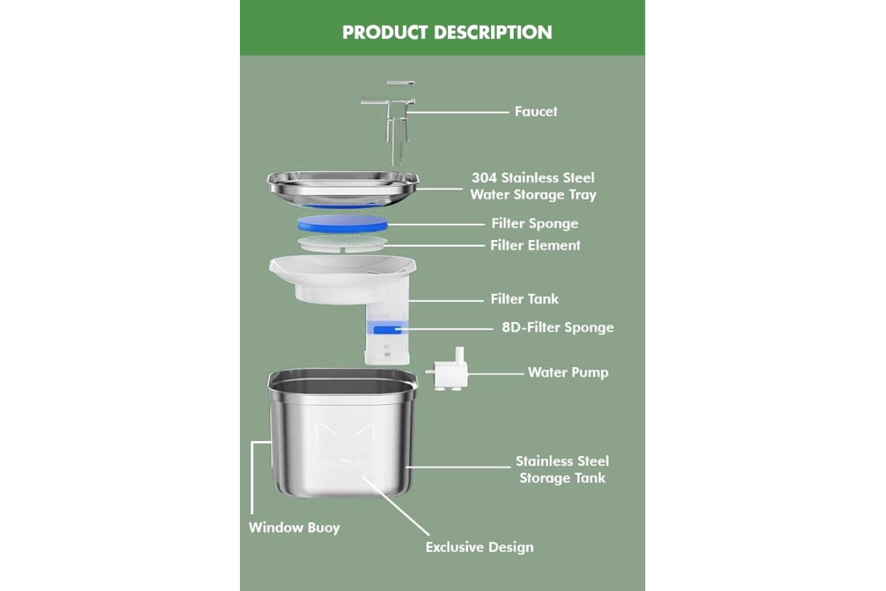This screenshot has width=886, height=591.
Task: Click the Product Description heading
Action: point(447,33)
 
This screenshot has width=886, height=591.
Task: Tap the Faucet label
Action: point(536,112)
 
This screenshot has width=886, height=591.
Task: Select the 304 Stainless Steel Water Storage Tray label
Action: point(533,186)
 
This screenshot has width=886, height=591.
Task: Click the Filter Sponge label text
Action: point(535,224)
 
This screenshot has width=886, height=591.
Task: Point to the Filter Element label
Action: point(535,245)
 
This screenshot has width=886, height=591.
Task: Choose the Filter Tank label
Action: point(524,299)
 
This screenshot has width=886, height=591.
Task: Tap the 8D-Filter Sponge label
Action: point(557,327)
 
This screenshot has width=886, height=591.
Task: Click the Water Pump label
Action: point(568,372)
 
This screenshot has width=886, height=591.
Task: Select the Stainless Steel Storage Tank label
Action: point(562,469)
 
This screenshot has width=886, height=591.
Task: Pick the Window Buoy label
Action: point(295,527)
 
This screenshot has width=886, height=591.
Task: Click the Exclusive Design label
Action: point(479,547)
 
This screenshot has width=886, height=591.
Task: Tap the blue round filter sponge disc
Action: point(343,224)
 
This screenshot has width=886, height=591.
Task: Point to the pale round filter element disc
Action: point(343,243)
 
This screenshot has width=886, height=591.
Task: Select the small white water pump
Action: point(447,371)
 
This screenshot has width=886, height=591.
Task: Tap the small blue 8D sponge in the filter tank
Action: point(388,329)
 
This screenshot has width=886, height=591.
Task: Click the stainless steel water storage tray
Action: point(343,189)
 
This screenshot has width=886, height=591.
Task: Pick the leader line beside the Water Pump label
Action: point(496,374)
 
